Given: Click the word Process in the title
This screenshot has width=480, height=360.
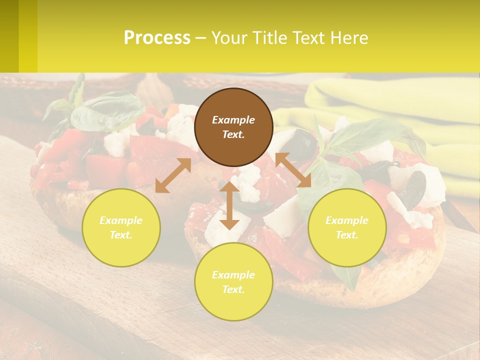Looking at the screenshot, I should (x=157, y=38).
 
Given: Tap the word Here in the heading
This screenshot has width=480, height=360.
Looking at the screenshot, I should (x=349, y=38).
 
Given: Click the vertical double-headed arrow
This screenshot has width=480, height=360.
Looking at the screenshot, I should (x=229, y=205).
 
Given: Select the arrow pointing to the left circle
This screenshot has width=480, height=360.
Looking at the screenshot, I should (x=173, y=175).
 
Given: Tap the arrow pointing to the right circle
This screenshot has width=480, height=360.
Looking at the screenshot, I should (x=293, y=170).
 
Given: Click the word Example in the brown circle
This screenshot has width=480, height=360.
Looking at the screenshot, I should (x=233, y=120).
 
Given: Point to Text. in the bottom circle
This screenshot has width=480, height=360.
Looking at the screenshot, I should (x=233, y=289).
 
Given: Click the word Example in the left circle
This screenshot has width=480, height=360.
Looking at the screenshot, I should (x=121, y=220).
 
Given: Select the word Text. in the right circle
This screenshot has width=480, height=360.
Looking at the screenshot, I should (x=347, y=235).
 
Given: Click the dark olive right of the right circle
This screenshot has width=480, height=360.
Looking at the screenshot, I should (x=413, y=190).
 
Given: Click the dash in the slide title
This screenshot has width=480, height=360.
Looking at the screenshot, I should (x=200, y=38).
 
